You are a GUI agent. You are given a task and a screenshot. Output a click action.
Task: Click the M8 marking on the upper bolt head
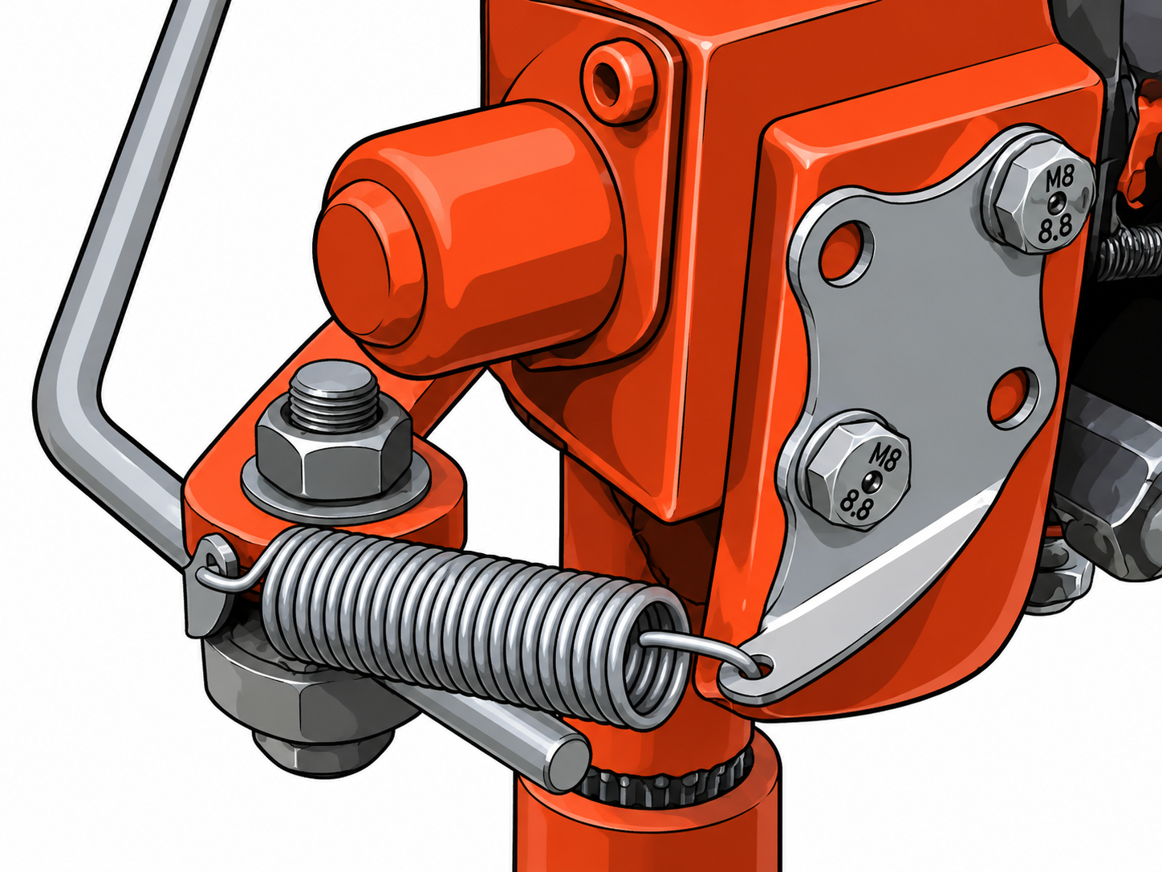click(1058, 180)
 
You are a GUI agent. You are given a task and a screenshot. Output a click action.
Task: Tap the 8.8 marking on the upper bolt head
click(1055, 230)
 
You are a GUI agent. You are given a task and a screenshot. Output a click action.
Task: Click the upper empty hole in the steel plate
click(846, 251)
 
